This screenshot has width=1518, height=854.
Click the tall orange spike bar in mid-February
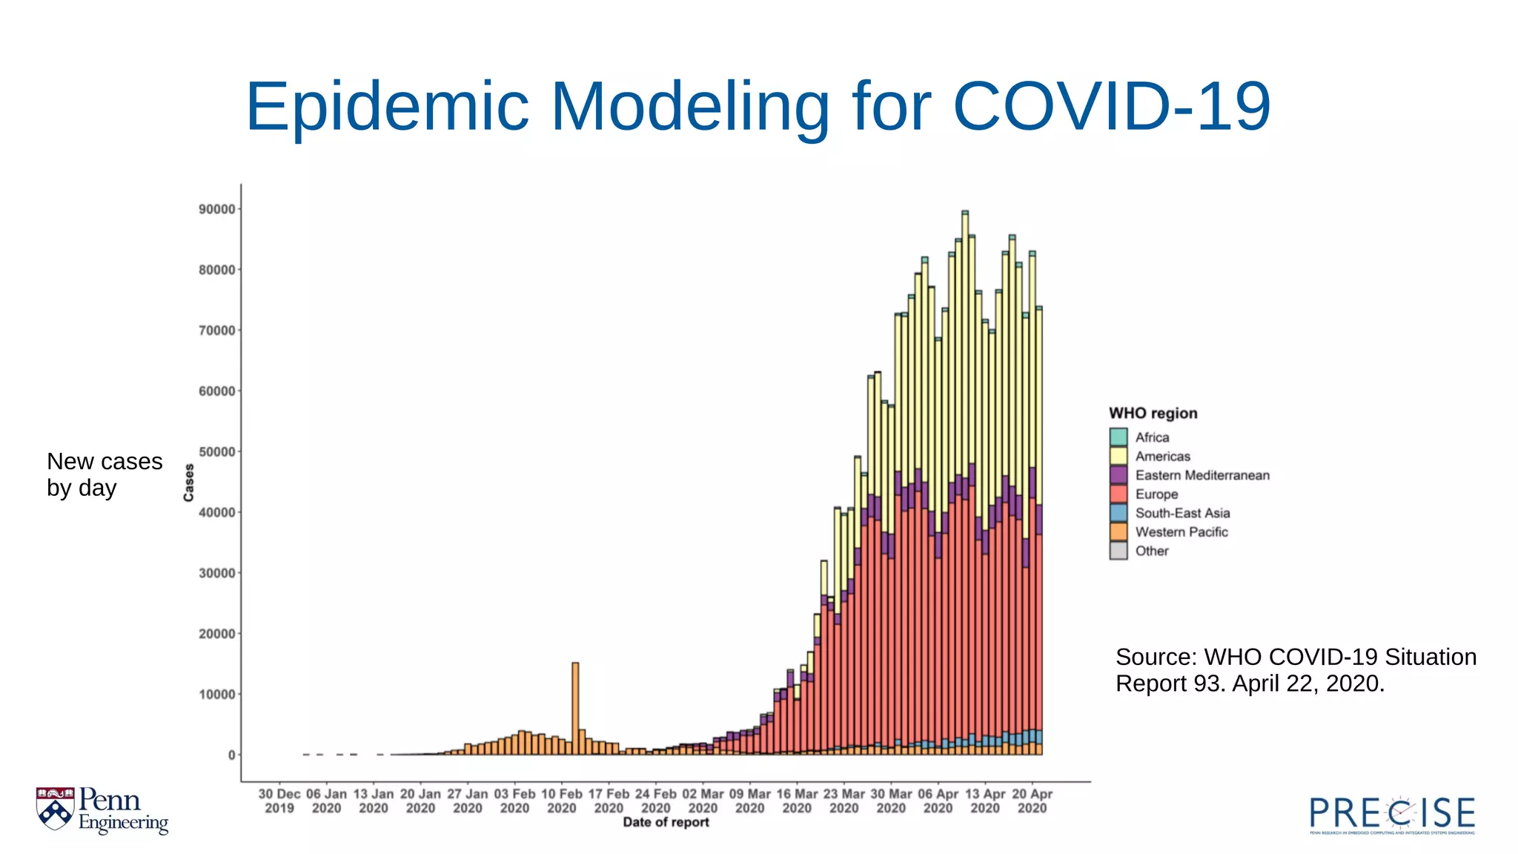[x=575, y=708]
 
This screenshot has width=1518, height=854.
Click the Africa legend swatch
[x=1118, y=437]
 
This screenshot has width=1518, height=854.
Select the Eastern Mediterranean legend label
[x=1202, y=475]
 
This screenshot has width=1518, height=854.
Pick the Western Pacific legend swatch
[x=1118, y=532]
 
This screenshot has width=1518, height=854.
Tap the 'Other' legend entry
[x=1151, y=551]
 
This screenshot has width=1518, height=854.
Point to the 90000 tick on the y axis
[x=216, y=210]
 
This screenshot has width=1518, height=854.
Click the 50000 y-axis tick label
[x=216, y=452]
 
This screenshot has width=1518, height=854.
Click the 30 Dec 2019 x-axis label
[x=279, y=801]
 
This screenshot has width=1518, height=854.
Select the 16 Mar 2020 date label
[x=797, y=801]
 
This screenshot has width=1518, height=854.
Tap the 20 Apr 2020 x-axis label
[x=1032, y=801]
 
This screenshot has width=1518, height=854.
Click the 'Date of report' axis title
[x=666, y=822]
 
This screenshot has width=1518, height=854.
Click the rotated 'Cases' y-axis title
[x=189, y=483]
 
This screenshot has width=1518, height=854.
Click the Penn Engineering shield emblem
[x=56, y=808]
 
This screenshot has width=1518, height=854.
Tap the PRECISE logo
[x=1392, y=814]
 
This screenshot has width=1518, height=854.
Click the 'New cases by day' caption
[x=104, y=474]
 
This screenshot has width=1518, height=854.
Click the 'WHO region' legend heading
[x=1153, y=414]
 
